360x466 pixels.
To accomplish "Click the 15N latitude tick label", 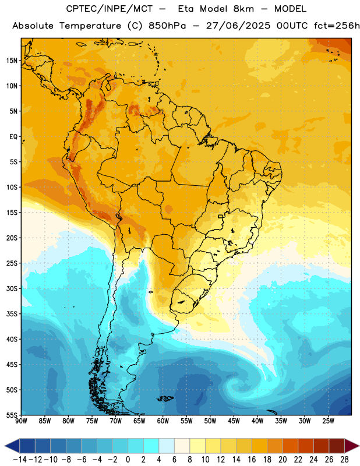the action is click(x=12, y=61).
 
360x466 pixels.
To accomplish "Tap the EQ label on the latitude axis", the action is click(x=13, y=137).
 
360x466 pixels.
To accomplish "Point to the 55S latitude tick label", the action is click(x=12, y=415).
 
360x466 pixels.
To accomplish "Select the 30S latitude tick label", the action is click(x=12, y=288).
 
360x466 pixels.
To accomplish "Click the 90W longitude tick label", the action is click(x=21, y=421).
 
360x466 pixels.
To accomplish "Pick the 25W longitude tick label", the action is click(x=328, y=421).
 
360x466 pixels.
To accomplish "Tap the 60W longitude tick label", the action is click(x=163, y=421).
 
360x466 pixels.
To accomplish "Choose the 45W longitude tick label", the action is click(x=234, y=421).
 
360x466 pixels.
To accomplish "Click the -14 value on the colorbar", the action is click(x=20, y=460).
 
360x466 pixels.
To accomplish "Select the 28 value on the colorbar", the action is click(x=345, y=460).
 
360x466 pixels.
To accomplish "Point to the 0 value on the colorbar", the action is click(x=128, y=460).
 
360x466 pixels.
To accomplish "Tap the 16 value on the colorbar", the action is click(x=252, y=460).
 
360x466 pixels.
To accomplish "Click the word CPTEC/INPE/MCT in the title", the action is click(x=110, y=9).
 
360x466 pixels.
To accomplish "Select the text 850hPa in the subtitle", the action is click(x=167, y=26).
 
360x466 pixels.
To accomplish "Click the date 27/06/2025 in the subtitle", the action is click(x=238, y=26).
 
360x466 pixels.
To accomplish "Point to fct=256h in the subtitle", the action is click(x=337, y=26).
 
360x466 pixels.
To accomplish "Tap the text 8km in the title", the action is click(x=243, y=9).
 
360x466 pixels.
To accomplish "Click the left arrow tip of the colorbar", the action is click(x=5, y=446).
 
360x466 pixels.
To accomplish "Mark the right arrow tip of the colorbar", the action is click(x=359, y=446).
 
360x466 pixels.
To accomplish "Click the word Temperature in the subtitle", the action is click(x=90, y=26).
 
